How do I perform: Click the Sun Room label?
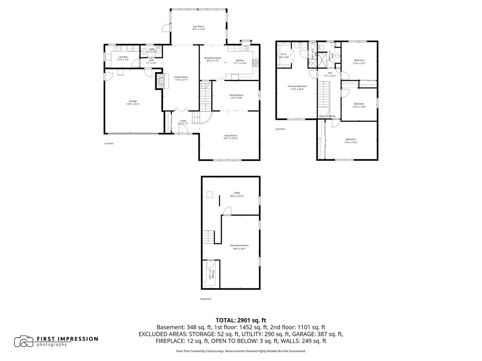pyautogui.click(x=198, y=26)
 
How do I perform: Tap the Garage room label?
pyautogui.click(x=133, y=101)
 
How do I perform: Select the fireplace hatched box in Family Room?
pyautogui.click(x=160, y=81)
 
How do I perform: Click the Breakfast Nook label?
pyautogui.click(x=212, y=58)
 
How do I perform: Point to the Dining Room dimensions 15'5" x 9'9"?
pyautogui.click(x=237, y=98)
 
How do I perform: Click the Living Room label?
pyautogui.click(x=231, y=136)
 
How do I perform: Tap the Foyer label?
pyautogui.click(x=183, y=121)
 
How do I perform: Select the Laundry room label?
pyautogui.click(x=123, y=57)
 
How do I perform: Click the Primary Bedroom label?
pyautogui.click(x=297, y=86)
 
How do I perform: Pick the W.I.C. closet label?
pyautogui.click(x=284, y=54)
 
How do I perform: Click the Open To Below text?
pyautogui.click(x=327, y=116)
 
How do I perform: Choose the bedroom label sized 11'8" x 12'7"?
pyautogui.click(x=359, y=60)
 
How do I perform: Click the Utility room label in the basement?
pyautogui.click(x=237, y=193)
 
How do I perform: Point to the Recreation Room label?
pyautogui.click(x=239, y=245)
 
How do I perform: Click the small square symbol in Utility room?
pyautogui.click(x=209, y=195)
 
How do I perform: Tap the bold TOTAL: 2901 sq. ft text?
pyautogui.click(x=241, y=320)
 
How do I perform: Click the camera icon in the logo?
pyautogui.click(x=24, y=341)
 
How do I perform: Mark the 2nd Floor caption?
pyautogui.click(x=280, y=129)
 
